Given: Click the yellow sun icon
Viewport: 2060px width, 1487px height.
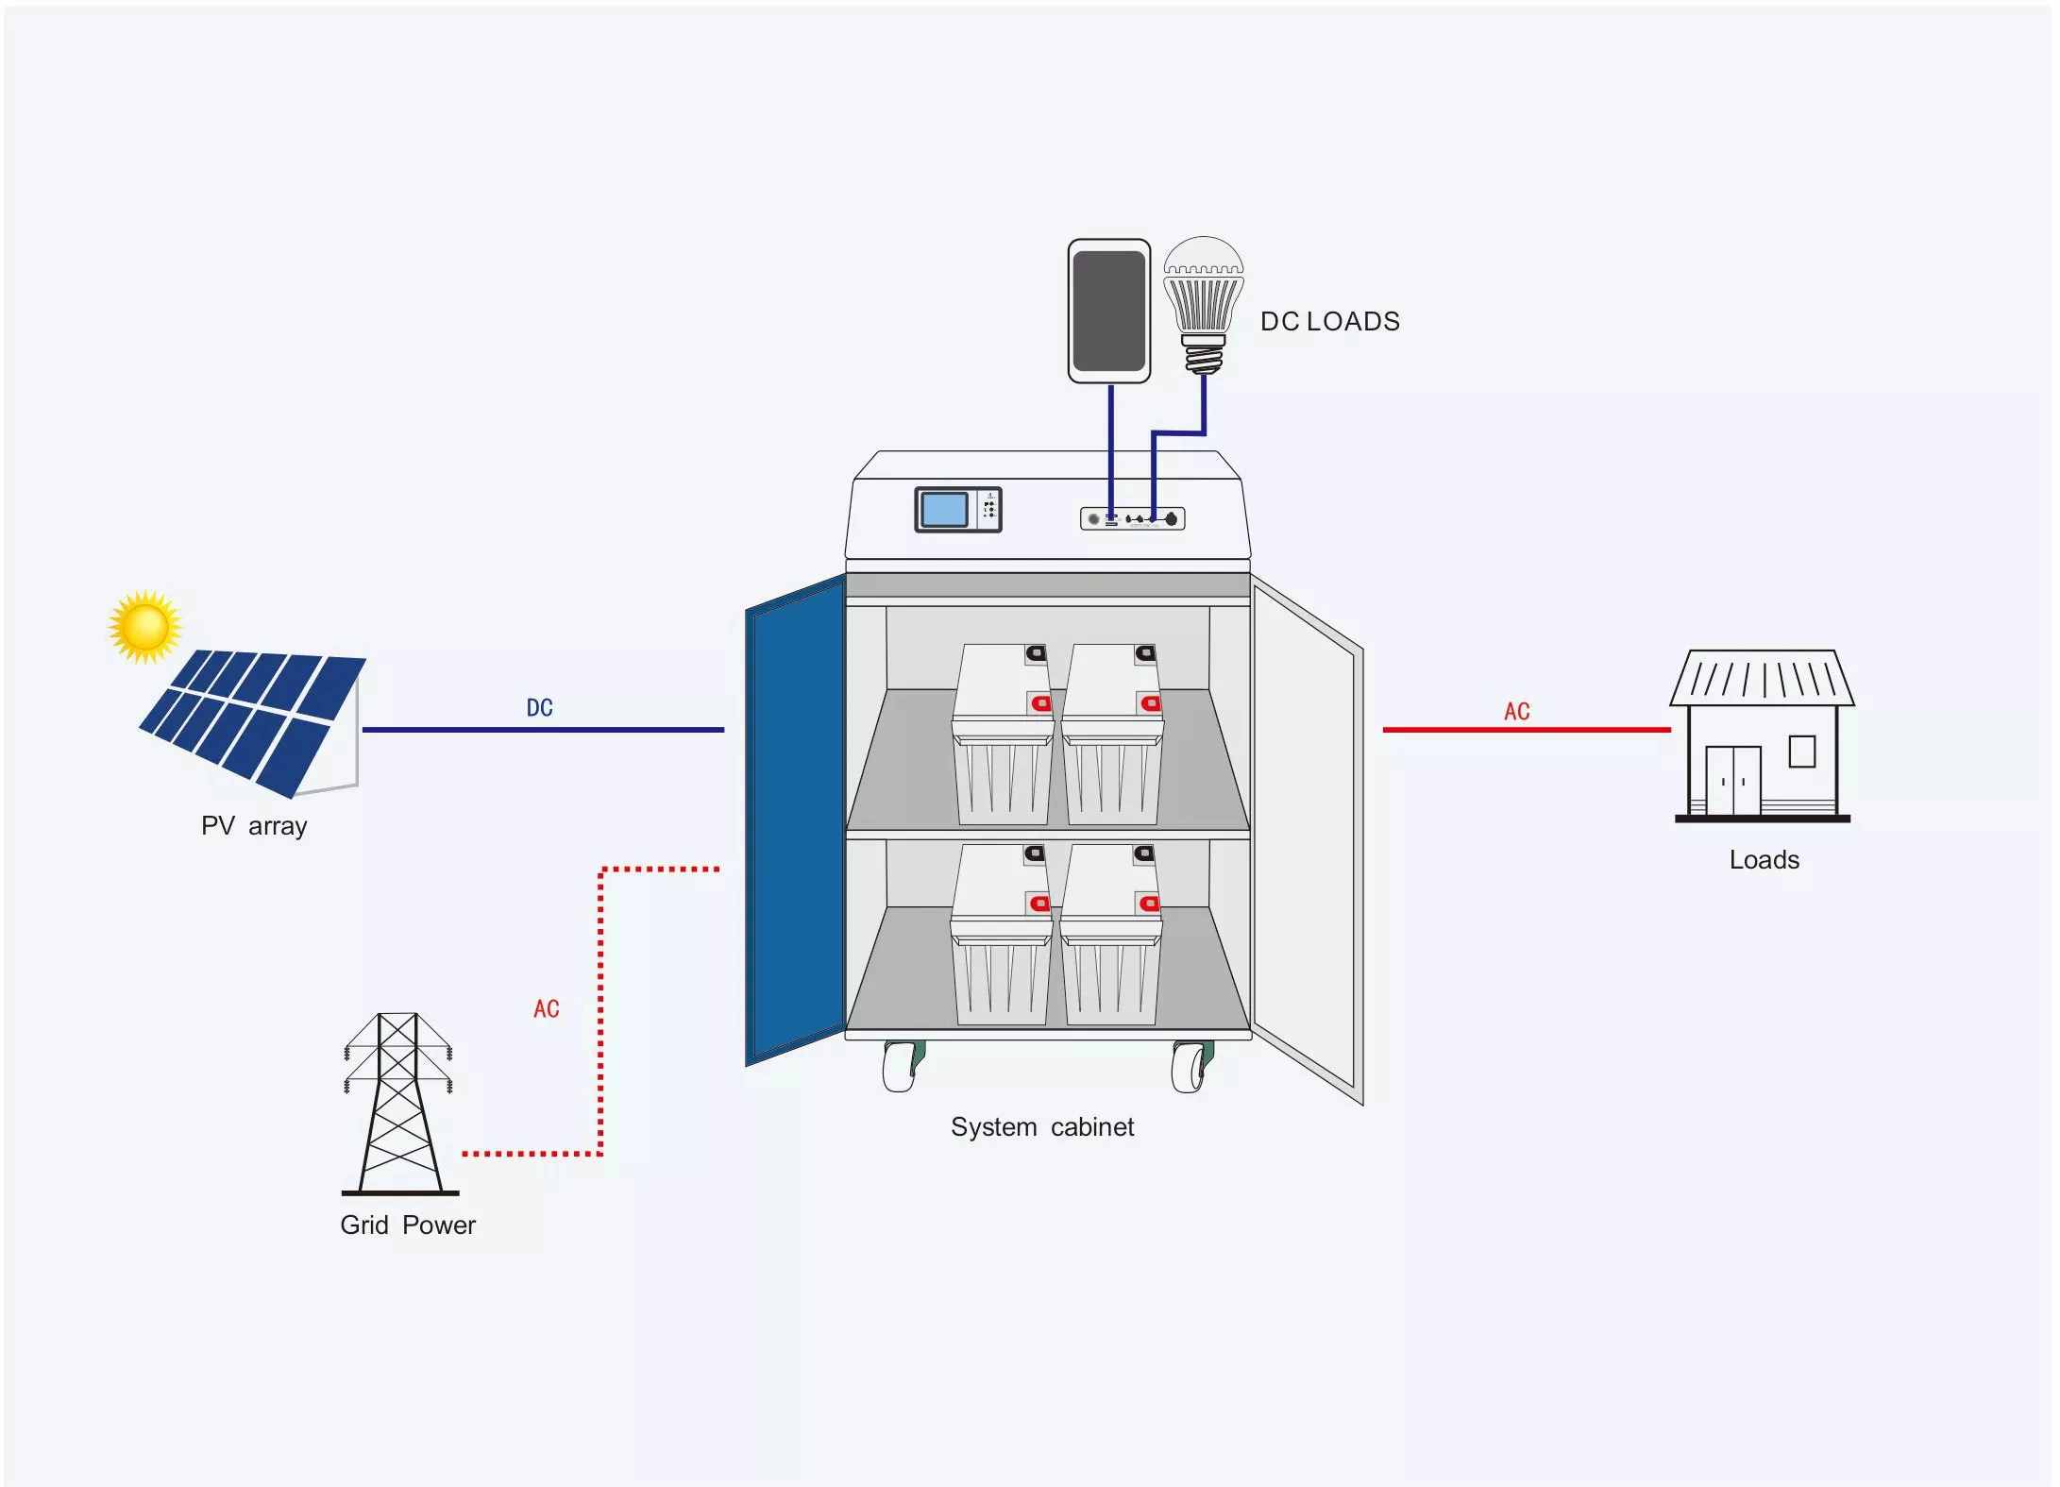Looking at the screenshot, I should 144,627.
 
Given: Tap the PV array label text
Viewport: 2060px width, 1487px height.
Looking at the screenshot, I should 254,826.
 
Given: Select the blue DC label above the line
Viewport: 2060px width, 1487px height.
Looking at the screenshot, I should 539,708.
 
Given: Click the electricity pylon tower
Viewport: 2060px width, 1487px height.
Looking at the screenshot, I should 398,1102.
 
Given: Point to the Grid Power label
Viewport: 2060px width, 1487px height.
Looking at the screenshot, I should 407,1225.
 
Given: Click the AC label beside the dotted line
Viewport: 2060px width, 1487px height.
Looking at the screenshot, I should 546,1009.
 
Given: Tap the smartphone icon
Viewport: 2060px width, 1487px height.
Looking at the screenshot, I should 1108,311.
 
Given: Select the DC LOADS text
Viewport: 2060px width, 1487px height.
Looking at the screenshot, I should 1329,322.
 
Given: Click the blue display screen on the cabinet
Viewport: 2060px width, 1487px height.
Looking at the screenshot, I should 944,510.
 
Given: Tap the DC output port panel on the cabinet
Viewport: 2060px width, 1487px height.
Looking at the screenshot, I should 1132,518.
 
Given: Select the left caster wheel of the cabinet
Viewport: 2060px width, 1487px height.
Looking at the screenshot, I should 903,1067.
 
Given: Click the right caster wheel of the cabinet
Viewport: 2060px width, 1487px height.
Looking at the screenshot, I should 1191,1067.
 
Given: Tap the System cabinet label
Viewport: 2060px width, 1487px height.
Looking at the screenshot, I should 1041,1127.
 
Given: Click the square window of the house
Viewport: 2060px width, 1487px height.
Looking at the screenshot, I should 1801,752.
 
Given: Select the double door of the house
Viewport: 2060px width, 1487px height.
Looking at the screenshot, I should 1732,781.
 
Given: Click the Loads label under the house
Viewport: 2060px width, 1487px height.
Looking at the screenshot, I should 1764,860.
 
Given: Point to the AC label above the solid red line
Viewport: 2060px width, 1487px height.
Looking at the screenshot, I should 1516,712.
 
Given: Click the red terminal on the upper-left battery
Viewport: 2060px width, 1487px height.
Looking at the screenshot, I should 1040,703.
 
